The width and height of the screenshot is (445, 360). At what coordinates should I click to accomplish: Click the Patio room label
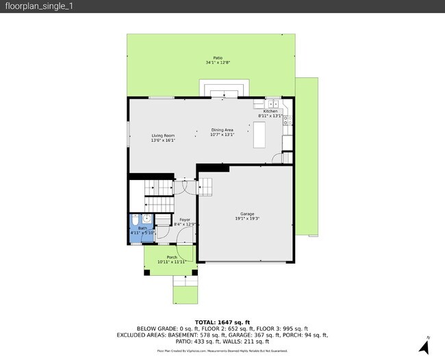coord(218,58)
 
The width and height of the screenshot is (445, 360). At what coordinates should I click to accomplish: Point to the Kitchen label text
coord(270,111)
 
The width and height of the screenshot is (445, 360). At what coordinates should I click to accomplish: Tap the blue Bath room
coord(142,226)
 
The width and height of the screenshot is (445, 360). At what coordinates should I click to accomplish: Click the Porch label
coord(172,257)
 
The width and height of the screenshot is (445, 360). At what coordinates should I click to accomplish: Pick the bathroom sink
coord(147,220)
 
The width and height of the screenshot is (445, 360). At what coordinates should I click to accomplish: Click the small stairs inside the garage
coord(206,185)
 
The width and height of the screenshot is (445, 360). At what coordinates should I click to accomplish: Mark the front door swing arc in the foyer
coord(182,237)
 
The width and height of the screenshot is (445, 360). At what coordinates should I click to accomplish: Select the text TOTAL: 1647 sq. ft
coord(222,322)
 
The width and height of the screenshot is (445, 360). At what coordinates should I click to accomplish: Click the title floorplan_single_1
coord(39,6)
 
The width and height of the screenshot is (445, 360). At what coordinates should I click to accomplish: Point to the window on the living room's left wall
coord(128,133)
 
